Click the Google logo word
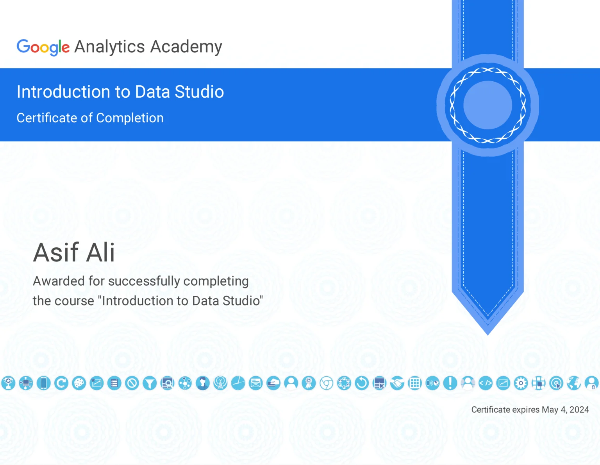click(x=43, y=47)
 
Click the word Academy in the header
click(x=186, y=47)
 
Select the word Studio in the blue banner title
click(x=199, y=92)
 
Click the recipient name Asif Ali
click(x=74, y=252)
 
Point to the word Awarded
click(x=59, y=281)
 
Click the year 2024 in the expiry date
click(x=579, y=410)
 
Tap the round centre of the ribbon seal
click(x=487, y=105)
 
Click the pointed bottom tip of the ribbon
click(x=487, y=332)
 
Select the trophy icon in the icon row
click(x=8, y=383)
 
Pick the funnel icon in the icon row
click(x=150, y=383)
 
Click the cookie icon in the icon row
click(x=79, y=383)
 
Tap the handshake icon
click(x=397, y=383)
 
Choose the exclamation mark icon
click(x=450, y=383)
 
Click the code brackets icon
click(x=486, y=383)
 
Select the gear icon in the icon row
click(x=521, y=383)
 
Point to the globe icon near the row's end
click(x=574, y=383)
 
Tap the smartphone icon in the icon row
click(x=44, y=383)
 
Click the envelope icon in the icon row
click(x=256, y=383)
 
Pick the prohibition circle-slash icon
click(x=132, y=383)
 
